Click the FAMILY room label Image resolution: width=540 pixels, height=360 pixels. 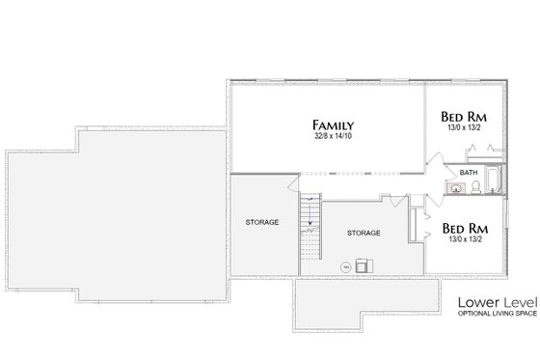pos(333,125)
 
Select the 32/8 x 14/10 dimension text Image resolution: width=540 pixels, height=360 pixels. pos(333,137)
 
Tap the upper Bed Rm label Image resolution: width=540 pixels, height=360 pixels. pos(464,115)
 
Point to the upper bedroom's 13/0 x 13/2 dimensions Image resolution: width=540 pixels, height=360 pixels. pos(464,126)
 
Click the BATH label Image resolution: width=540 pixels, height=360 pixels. pos(469,172)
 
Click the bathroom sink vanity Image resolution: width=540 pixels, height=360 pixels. pos(454,188)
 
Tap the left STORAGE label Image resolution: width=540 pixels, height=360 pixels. pos(261,222)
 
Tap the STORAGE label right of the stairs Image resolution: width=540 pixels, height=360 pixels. pos(363,233)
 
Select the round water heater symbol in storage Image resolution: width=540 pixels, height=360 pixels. pos(344,265)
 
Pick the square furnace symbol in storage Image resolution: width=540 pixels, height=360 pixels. pos(364,263)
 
